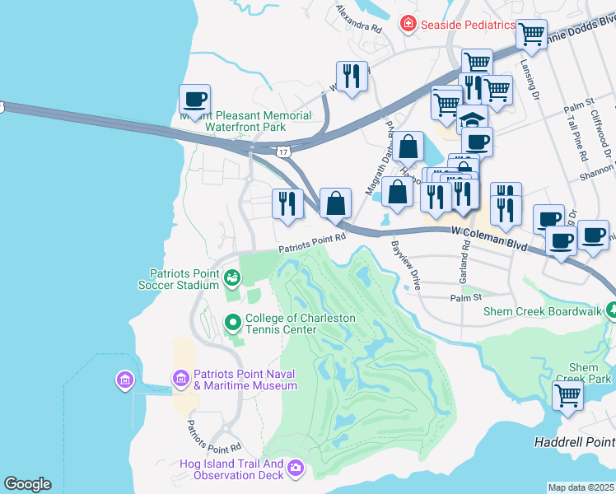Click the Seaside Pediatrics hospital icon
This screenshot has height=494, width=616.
point(407,24)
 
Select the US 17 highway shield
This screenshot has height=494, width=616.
point(283,152)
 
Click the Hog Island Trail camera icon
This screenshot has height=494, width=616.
point(295,469)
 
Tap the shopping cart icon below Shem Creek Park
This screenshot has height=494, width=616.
point(568,395)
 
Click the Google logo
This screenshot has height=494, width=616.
point(27,484)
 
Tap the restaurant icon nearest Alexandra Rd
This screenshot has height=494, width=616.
point(352,76)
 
